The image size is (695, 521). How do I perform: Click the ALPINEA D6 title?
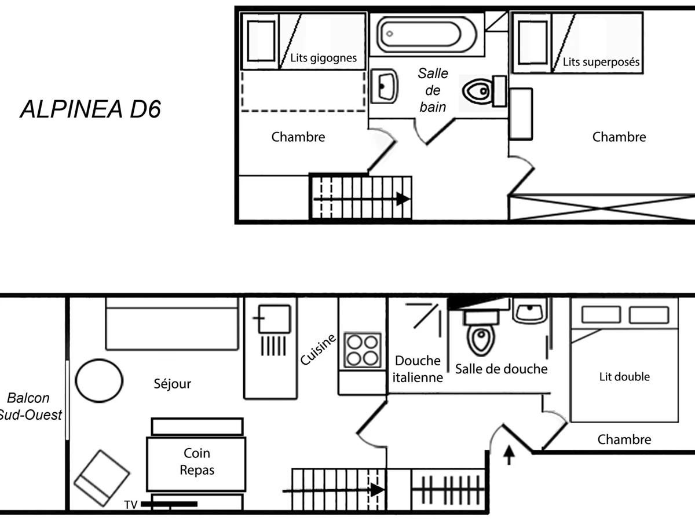pyautogui.click(x=90, y=109)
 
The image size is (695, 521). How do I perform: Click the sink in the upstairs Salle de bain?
pyautogui.click(x=383, y=86)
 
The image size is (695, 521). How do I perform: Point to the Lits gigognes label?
pyautogui.click(x=323, y=58)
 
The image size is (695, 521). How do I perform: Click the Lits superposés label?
pyautogui.click(x=601, y=62)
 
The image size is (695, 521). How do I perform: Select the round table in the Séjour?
pyautogui.click(x=100, y=380)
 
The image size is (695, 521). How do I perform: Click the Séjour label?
pyautogui.click(x=173, y=383)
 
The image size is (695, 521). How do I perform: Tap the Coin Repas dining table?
pyautogui.click(x=196, y=462)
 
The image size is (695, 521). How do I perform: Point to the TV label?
pyautogui.click(x=131, y=505)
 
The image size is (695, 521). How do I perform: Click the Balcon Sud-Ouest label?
pyautogui.click(x=29, y=406)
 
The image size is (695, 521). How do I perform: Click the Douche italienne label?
pyautogui.click(x=418, y=369)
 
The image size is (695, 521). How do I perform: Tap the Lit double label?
pyautogui.click(x=624, y=377)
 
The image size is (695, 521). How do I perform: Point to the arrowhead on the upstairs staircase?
pyautogui.click(x=403, y=199)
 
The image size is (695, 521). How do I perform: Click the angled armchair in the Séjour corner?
pyautogui.click(x=101, y=478)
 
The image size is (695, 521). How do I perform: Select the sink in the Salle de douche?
pyautogui.click(x=529, y=311)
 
